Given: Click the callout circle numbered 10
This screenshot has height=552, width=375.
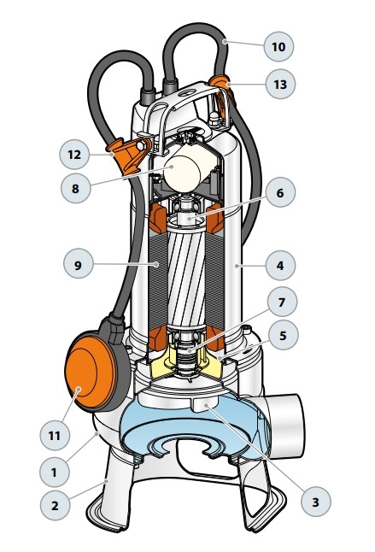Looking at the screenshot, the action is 278,46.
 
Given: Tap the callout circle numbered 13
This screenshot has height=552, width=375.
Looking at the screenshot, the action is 280,84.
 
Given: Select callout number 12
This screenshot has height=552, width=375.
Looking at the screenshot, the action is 74,155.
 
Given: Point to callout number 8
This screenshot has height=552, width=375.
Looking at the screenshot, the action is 76,188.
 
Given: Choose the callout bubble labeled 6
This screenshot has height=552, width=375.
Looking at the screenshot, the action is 280,192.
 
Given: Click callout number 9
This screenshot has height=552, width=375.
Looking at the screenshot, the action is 79,264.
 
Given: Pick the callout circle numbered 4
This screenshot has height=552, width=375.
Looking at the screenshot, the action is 280,265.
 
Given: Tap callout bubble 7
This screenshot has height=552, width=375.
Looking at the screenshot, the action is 282,302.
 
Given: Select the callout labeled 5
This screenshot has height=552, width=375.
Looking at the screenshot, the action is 283,335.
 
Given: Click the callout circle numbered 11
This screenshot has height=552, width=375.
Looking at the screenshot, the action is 55,436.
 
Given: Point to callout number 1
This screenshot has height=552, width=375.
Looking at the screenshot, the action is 54,472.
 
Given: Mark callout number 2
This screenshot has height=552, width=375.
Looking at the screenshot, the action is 55,506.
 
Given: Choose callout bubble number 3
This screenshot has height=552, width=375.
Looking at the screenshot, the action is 316,502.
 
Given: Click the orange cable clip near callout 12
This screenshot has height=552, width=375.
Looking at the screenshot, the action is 128,156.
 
